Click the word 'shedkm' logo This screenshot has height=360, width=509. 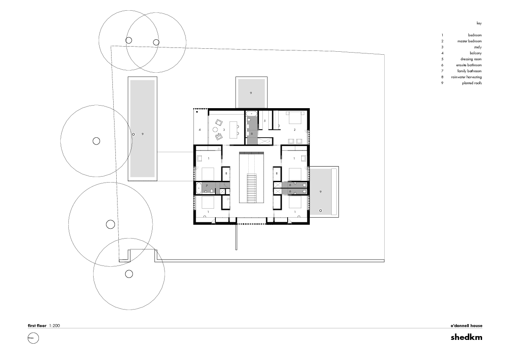coord(466,337)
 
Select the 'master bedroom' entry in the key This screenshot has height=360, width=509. coord(469,41)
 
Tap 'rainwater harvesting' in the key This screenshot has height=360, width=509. coord(466,77)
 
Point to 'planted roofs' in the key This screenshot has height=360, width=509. coord(472,83)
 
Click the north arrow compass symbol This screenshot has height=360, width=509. coord(33,339)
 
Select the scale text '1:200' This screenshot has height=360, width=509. coord(55,326)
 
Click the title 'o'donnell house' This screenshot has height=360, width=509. coord(466,326)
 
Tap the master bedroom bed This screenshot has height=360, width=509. coord(295,118)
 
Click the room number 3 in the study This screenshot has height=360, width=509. coord(224,130)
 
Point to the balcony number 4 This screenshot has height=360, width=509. coord(200,130)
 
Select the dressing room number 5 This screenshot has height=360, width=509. coord(265,121)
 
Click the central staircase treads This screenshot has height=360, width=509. coord(251,188)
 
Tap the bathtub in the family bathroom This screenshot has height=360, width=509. coord(199,188)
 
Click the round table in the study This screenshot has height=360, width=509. coord(215,130)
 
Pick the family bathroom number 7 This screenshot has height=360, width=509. coord(206,186)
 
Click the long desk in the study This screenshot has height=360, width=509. coord(234,128)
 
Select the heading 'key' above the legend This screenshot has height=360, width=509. coord(479,23)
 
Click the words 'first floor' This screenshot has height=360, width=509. coord(37,326)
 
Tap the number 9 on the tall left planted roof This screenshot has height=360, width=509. coord(142,134)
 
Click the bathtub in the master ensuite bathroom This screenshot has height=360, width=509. coord(252,114)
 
